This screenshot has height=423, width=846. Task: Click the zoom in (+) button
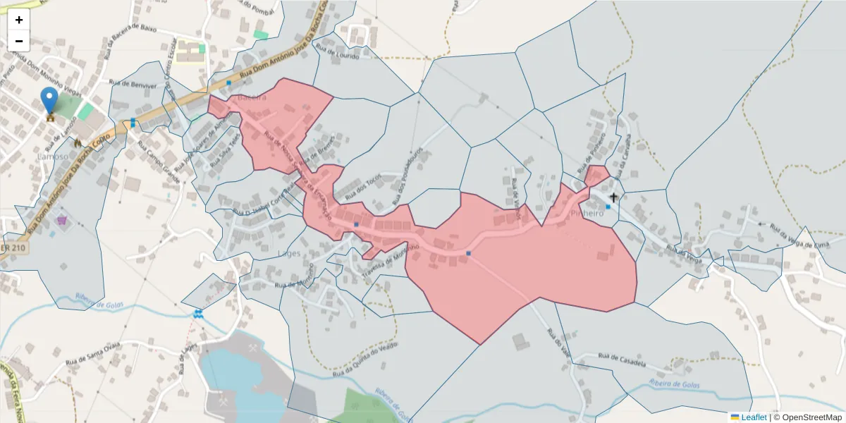[19, 20]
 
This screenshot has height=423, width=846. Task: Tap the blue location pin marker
[49, 100]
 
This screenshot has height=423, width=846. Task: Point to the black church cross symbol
[613, 197]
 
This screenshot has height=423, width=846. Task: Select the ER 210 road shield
[14, 248]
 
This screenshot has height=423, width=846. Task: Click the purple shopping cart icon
[62, 220]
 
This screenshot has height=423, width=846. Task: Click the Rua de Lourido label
[338, 53]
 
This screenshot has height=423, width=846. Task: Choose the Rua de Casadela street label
[622, 360]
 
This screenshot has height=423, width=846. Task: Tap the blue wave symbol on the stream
[198, 313]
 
